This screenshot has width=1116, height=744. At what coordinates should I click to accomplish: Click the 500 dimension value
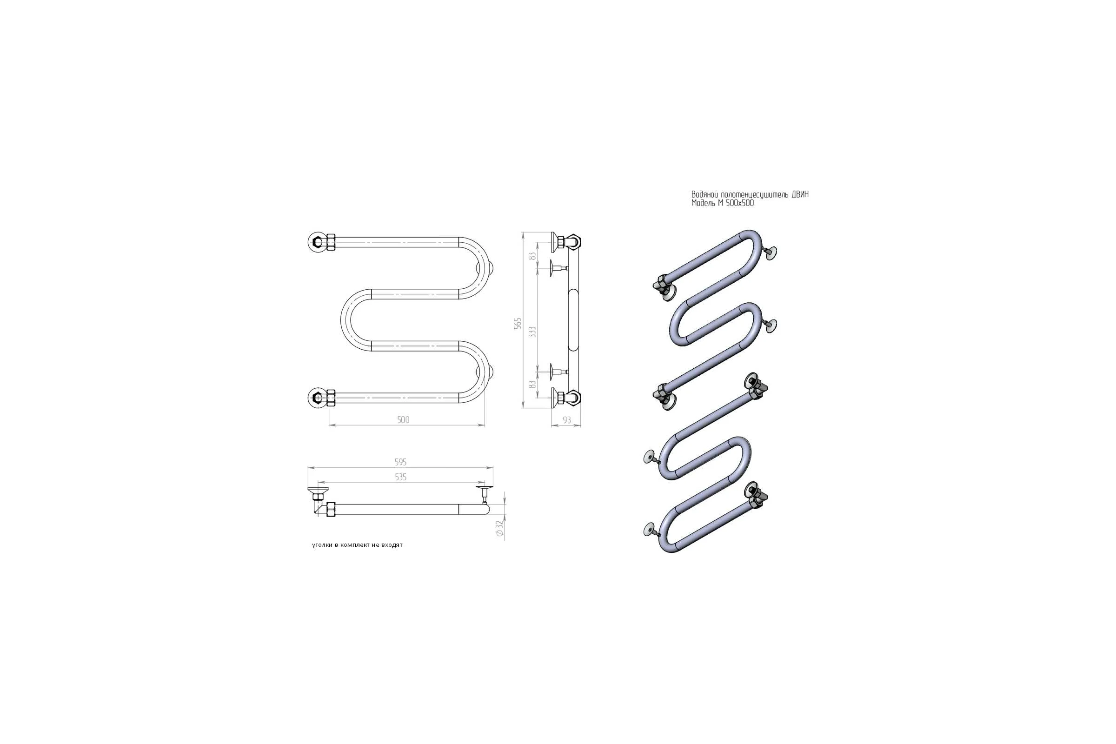pyautogui.click(x=403, y=419)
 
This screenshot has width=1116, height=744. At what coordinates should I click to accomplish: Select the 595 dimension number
pyautogui.click(x=401, y=462)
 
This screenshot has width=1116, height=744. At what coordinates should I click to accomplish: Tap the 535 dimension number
pyautogui.click(x=401, y=478)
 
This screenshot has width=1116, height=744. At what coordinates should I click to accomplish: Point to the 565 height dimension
pyautogui.click(x=518, y=324)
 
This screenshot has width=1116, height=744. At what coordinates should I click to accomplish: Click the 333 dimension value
pyautogui.click(x=532, y=332)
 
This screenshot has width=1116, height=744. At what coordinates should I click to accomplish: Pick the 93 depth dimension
pyautogui.click(x=567, y=420)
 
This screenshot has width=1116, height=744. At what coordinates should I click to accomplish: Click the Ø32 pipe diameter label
pyautogui.click(x=499, y=528)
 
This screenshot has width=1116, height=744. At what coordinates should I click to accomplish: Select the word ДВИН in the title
pyautogui.click(x=800, y=194)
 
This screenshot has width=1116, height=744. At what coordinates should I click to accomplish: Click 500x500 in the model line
pyautogui.click(x=740, y=203)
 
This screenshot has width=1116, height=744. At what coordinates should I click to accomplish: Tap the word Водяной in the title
pyautogui.click(x=704, y=194)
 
